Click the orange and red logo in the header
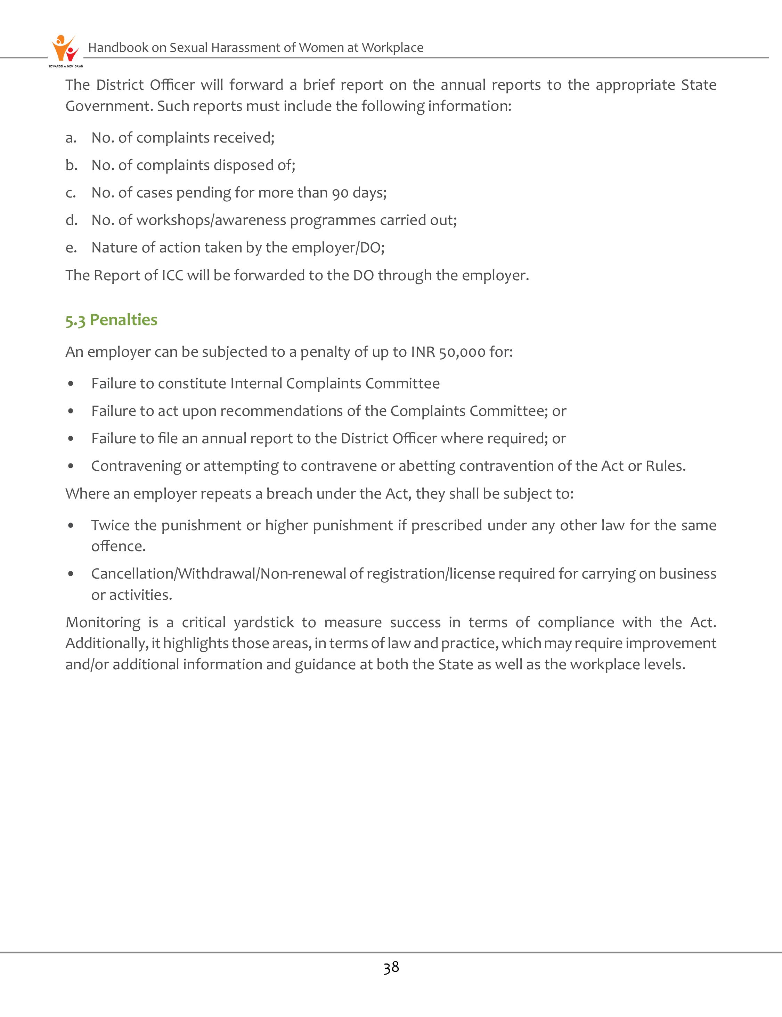click(65, 48)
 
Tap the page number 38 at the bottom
click(391, 967)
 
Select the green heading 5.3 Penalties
click(111, 320)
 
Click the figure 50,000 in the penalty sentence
click(462, 352)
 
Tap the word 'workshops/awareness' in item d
click(211, 220)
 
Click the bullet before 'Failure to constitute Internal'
click(71, 384)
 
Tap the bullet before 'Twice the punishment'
click(71, 525)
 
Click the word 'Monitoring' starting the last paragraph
click(103, 623)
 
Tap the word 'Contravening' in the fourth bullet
click(136, 466)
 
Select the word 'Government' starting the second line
click(108, 106)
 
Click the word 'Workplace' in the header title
click(392, 48)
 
